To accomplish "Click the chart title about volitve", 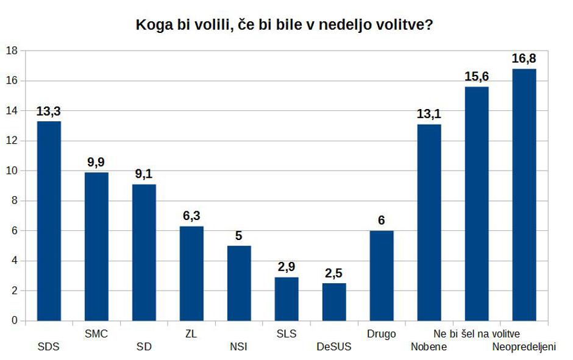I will click(285, 26).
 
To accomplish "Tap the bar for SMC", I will click(96, 246).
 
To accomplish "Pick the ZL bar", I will click(191, 273).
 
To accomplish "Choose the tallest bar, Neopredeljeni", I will click(524, 194).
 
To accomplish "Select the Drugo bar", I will click(382, 275).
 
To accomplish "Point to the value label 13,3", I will click(49, 111).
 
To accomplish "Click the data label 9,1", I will click(144, 174).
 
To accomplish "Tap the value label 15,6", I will click(477, 77).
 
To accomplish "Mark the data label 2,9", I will click(286, 267).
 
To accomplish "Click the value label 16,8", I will click(524, 58).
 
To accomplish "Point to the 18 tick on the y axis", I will click(10, 51).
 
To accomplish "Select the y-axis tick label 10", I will click(10, 171).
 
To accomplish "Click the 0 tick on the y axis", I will click(13, 320).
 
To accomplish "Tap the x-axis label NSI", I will click(239, 347).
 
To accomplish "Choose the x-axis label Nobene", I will click(429, 347).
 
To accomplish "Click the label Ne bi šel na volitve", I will click(476, 334).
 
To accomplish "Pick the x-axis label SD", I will click(144, 347).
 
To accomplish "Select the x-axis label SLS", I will click(286, 334).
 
